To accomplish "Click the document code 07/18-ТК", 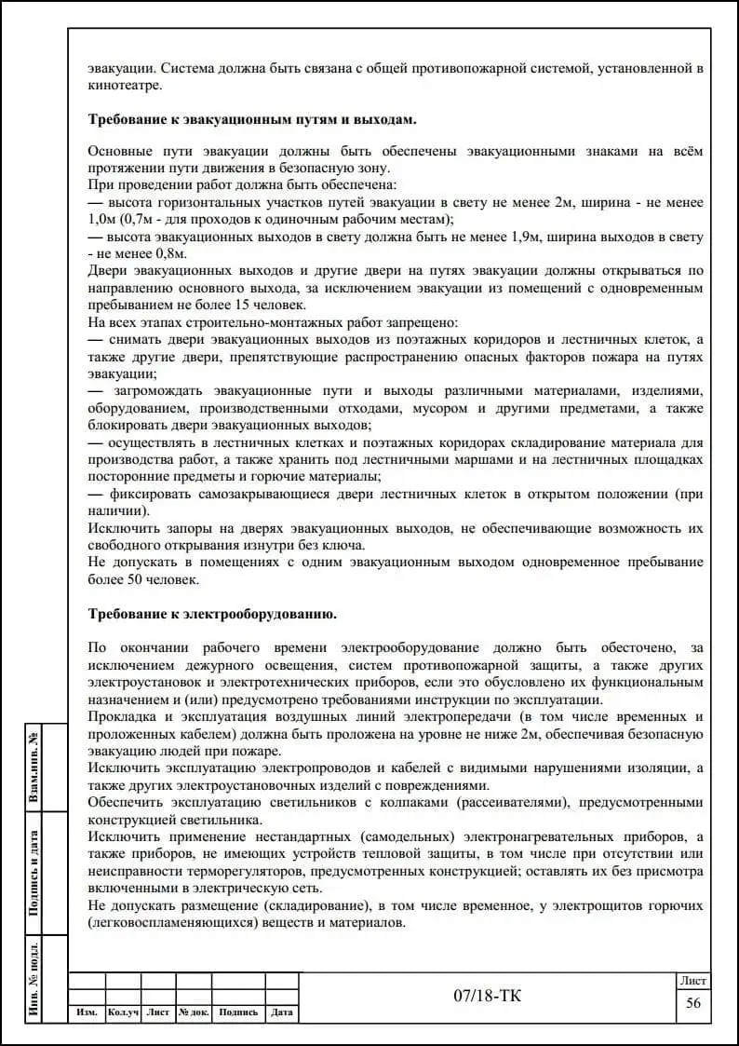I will click(x=488, y=997).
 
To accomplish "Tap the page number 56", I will click(x=692, y=1002).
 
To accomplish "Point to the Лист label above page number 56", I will click(x=692, y=981).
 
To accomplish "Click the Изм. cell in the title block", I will click(x=87, y=1012).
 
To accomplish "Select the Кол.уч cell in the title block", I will click(x=123, y=1012).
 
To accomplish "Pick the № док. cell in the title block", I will click(x=194, y=1012).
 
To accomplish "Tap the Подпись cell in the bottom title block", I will click(x=238, y=1012).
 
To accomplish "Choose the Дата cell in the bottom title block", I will click(x=282, y=1012).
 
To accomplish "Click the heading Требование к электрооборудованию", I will click(x=212, y=615).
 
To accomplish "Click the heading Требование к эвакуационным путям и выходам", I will click(x=252, y=120).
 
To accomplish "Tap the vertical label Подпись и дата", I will click(x=34, y=873).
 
